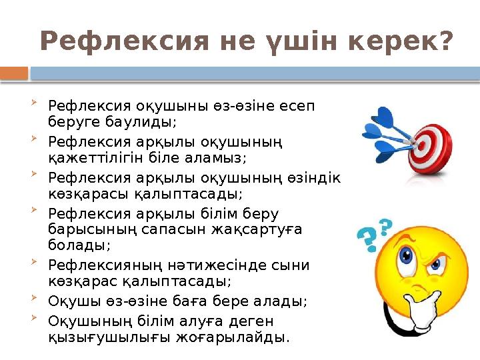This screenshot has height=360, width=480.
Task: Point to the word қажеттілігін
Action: pos(88,158)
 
